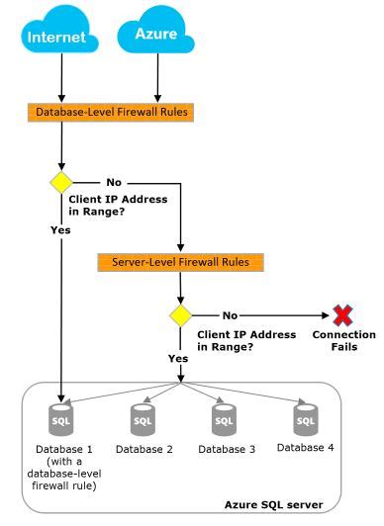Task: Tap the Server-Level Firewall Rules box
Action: [x=181, y=263]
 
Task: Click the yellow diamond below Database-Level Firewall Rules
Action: [x=62, y=183]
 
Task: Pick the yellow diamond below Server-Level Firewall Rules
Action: [x=181, y=315]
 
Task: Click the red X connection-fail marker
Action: [x=342, y=315]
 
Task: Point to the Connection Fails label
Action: [x=343, y=341]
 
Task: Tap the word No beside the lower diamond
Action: [x=231, y=315]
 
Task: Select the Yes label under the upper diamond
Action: [x=60, y=229]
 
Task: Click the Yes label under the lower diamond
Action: [x=179, y=358]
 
